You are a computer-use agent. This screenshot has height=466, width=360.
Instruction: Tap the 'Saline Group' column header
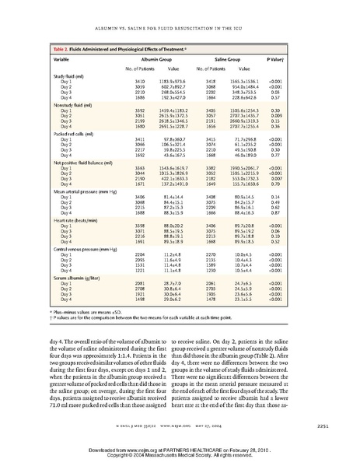click(225, 58)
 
